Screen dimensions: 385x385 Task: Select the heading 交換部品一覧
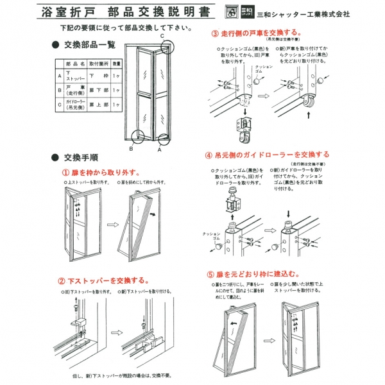89,45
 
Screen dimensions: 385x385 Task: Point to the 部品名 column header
75,64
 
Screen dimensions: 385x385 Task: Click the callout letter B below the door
130,149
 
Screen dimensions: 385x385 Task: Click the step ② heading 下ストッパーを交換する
106,280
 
